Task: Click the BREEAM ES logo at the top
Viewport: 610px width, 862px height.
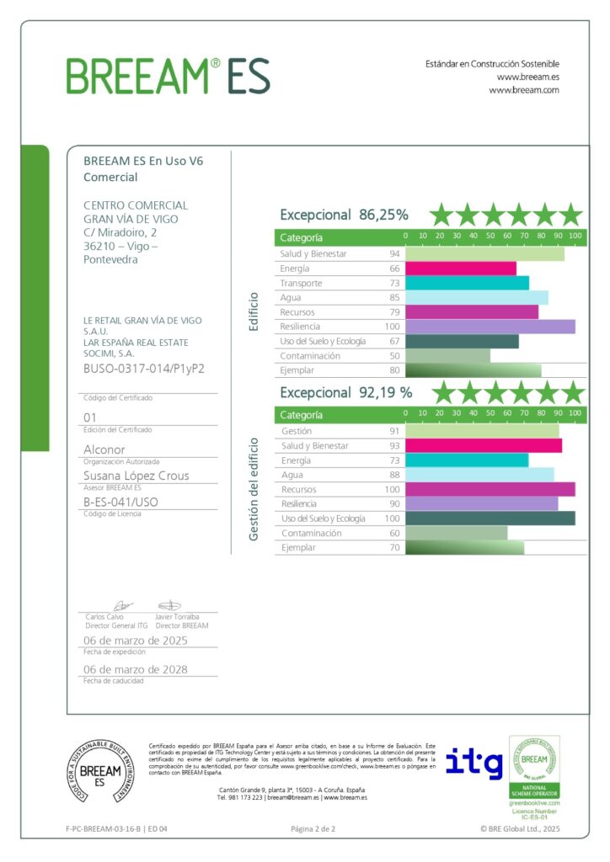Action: [x=169, y=76]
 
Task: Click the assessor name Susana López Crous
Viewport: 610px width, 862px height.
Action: [x=136, y=476]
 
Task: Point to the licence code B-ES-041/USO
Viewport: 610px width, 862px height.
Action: [x=120, y=503]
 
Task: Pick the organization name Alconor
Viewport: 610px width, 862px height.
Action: [x=104, y=450]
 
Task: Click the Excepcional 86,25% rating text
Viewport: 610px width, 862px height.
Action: [x=344, y=215]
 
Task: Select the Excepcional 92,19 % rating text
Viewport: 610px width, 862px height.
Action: [x=345, y=392]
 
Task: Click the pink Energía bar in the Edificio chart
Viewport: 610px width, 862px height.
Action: [x=461, y=269]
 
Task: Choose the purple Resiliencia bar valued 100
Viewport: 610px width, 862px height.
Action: [x=490, y=327]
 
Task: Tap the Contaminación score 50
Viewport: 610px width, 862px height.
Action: [x=393, y=356]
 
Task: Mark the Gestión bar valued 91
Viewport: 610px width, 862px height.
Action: [x=482, y=431]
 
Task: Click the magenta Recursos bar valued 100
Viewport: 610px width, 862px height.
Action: [x=490, y=489]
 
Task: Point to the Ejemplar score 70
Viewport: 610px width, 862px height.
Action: [x=393, y=548]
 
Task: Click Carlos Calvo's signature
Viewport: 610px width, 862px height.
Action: [x=121, y=605]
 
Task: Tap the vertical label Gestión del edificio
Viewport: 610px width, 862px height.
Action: [x=252, y=488]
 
